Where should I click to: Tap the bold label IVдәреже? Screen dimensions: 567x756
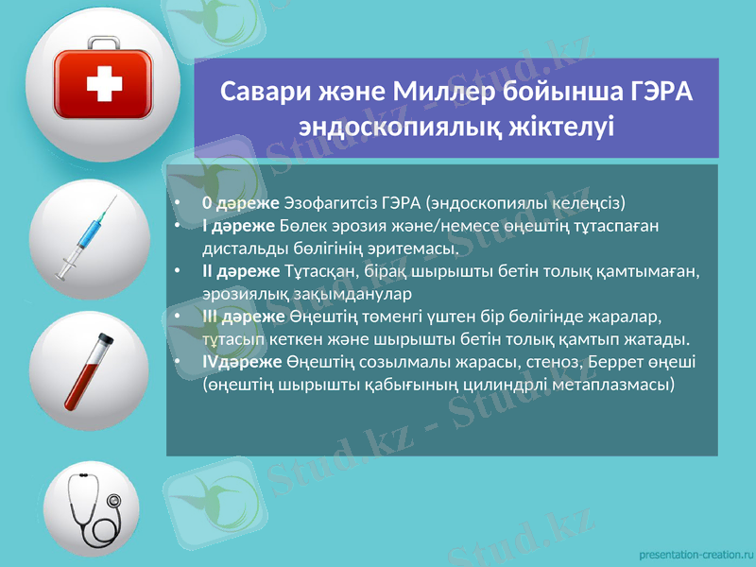click(x=242, y=362)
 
